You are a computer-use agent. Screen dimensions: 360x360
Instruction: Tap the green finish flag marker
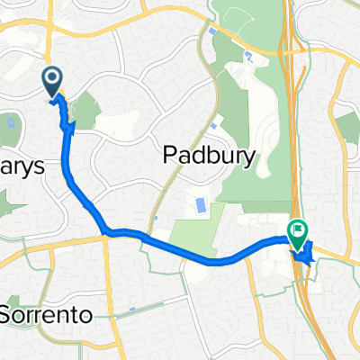click(x=297, y=233)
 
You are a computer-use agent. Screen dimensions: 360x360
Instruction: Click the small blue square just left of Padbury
click(x=157, y=217)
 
